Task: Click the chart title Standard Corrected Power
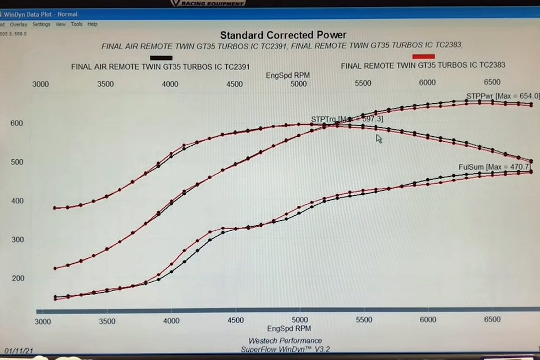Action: tap(283, 35)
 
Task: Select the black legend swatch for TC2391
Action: tap(162, 58)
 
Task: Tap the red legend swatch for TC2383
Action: tap(423, 57)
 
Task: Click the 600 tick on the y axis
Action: tap(17, 123)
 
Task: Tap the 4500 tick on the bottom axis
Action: tap(235, 321)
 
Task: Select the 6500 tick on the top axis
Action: tap(492, 82)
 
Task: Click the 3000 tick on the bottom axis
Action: tap(43, 321)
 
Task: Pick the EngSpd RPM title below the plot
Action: tap(288, 328)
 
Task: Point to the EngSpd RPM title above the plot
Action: tap(288, 75)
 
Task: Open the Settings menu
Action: tap(41, 24)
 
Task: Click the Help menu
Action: tap(92, 24)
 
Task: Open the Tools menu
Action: tap(76, 24)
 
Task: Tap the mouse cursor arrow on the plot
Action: tap(379, 139)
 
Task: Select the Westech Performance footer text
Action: tap(285, 341)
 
